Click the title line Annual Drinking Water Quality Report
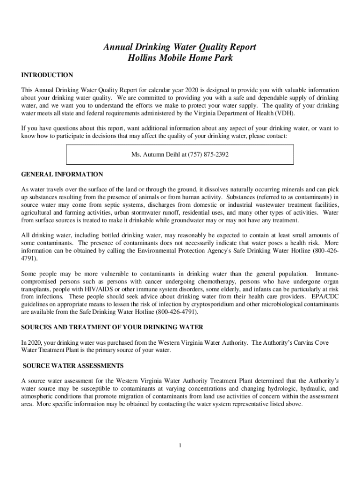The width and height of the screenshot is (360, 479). click(x=180, y=47)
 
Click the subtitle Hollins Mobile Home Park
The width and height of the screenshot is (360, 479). click(x=180, y=58)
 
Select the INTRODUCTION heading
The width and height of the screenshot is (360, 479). click(x=47, y=75)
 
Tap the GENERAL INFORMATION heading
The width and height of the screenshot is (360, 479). click(x=62, y=174)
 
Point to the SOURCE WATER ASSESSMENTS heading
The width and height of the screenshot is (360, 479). click(x=73, y=365)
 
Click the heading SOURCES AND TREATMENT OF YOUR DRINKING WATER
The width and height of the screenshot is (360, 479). click(x=112, y=327)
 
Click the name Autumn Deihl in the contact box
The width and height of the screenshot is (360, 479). click(x=166, y=154)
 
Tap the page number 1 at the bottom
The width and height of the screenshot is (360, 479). click(x=180, y=444)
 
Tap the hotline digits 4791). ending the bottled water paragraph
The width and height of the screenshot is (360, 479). click(x=29, y=258)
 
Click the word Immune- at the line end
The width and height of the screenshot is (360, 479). click(x=327, y=274)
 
